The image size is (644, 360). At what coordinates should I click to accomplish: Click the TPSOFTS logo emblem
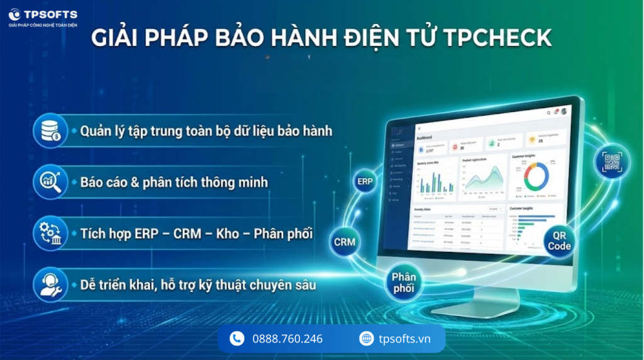pyautogui.click(x=14, y=14)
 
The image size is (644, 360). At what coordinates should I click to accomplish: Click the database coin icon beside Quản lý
pyautogui.click(x=50, y=131)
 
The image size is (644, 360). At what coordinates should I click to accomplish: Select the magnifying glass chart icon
pyautogui.click(x=50, y=182)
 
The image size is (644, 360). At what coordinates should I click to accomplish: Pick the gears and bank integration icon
pyautogui.click(x=50, y=233)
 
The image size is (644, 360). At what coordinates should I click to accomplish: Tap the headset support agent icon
pyautogui.click(x=50, y=284)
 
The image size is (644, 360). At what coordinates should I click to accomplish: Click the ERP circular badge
pyautogui.click(x=365, y=182)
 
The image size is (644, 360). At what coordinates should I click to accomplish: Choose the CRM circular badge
pyautogui.click(x=345, y=242)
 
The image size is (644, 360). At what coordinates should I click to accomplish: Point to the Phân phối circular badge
pyautogui.click(x=404, y=283)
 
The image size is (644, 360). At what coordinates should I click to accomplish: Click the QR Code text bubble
pyautogui.click(x=558, y=240)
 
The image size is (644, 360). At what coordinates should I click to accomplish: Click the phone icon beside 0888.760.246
pyautogui.click(x=237, y=339)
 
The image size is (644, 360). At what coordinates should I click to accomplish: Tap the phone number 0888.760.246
pyautogui.click(x=287, y=339)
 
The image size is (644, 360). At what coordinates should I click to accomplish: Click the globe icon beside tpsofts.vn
pyautogui.click(x=366, y=339)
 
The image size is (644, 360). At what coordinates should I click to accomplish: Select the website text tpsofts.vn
pyautogui.click(x=405, y=339)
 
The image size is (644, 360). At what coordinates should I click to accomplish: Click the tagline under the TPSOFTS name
pyautogui.click(x=43, y=25)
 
